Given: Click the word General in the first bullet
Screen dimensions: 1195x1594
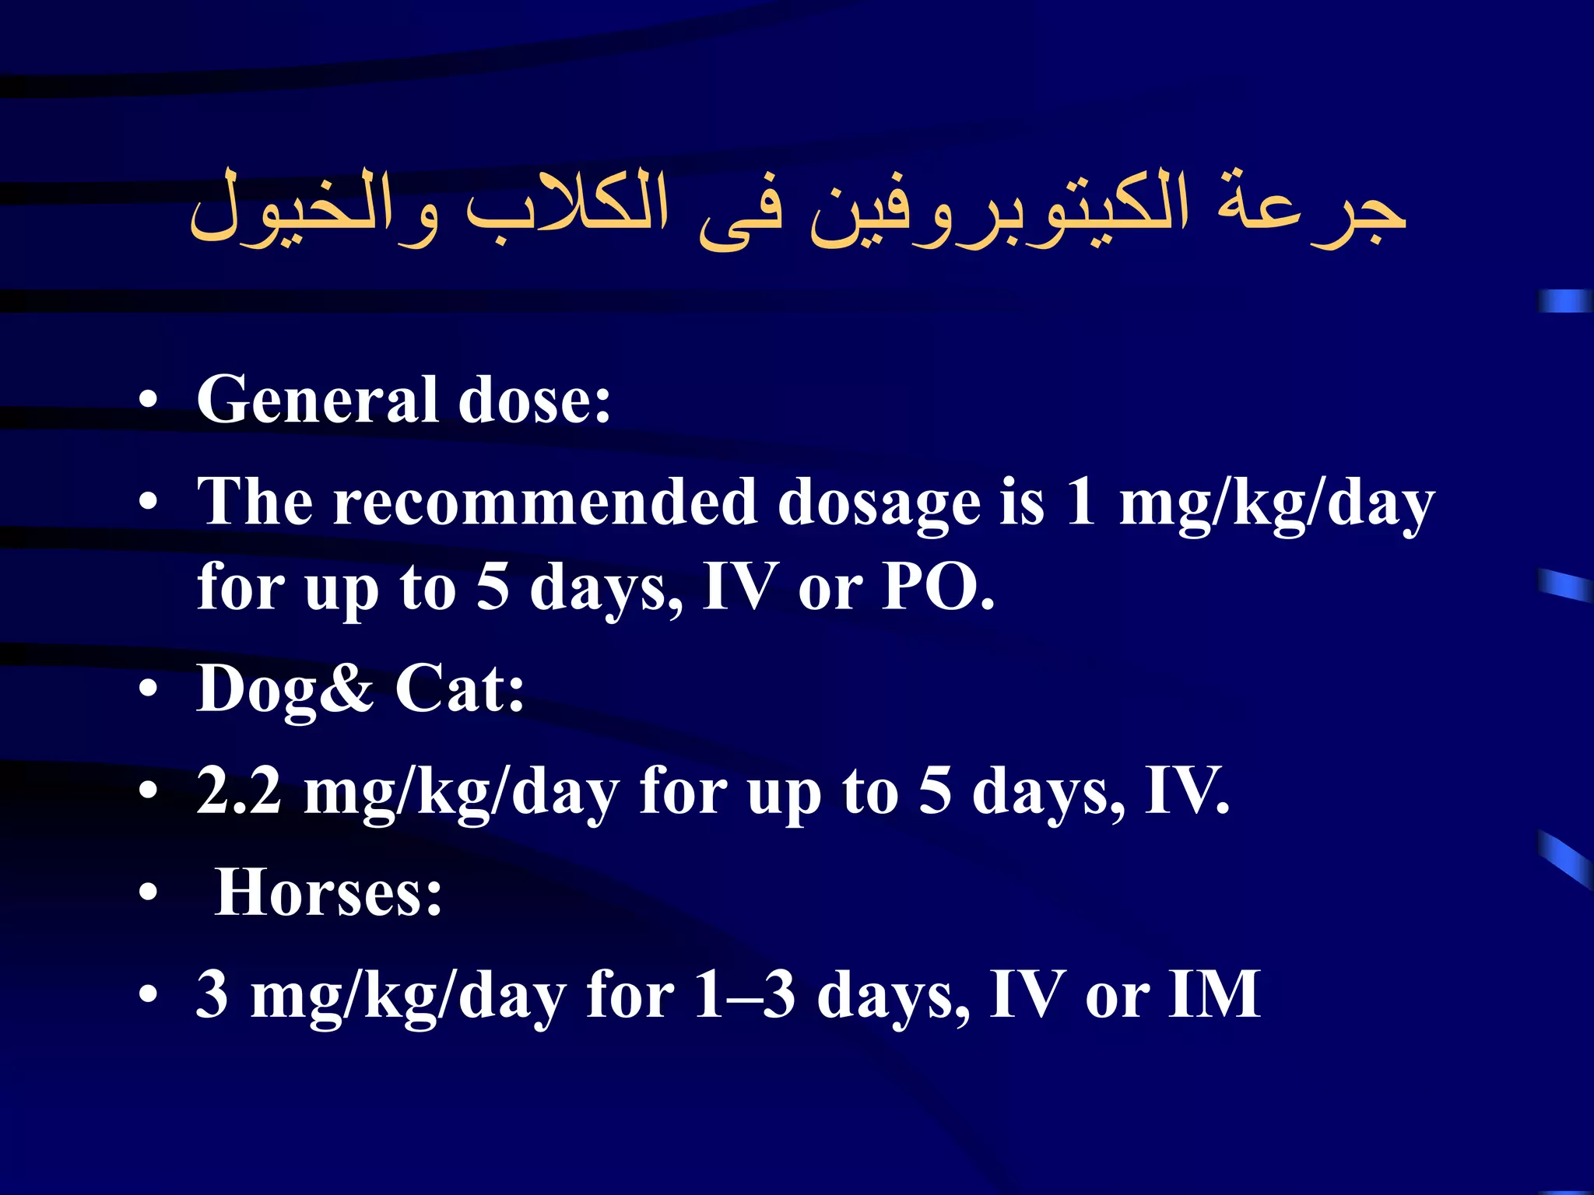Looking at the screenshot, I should (318, 400).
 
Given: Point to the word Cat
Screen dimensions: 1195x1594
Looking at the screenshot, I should (459, 689).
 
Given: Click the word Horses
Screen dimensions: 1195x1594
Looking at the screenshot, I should (328, 893).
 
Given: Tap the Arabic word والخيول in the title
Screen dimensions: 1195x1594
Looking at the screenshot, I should (314, 210).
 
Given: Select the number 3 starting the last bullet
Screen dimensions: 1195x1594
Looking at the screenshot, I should (212, 994).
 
